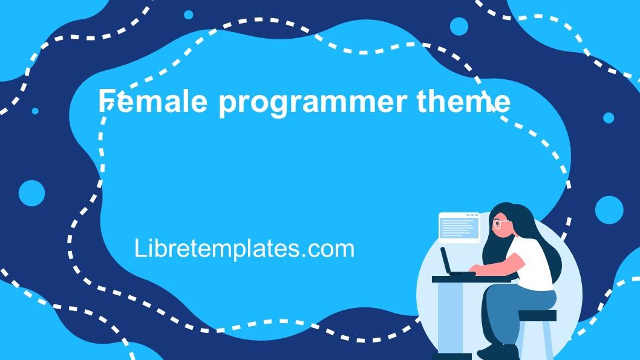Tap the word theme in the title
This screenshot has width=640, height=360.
[471, 101]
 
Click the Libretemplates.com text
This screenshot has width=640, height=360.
[244, 249]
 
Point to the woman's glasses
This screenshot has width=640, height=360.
[500, 224]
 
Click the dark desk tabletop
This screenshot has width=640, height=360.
[460, 279]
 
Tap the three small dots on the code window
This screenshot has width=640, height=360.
[470, 215]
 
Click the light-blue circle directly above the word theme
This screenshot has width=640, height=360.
[459, 26]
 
